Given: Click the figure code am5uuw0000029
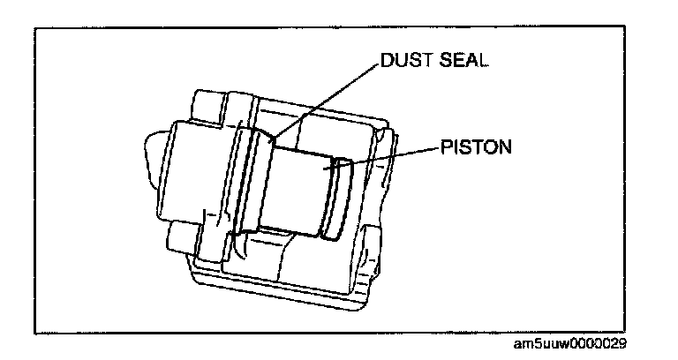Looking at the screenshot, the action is (x=589, y=343).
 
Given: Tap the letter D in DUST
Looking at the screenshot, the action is (x=387, y=61).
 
